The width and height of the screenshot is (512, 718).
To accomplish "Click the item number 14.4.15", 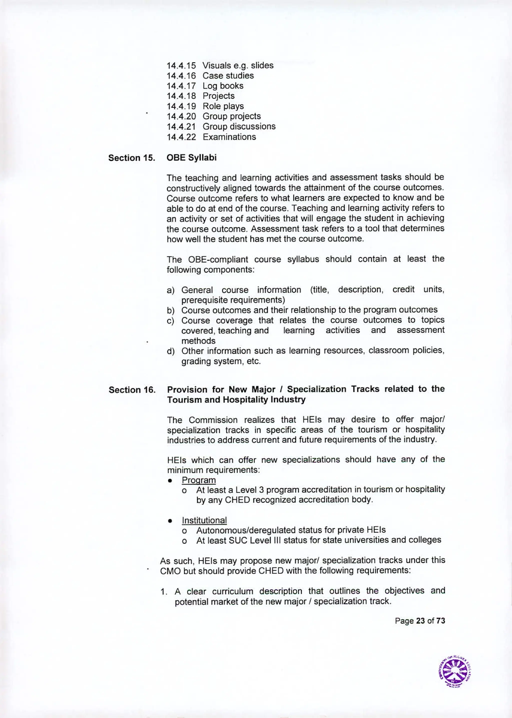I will pos(181,66).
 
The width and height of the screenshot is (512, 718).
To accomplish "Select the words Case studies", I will pos(228,76).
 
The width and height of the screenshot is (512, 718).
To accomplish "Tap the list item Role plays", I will pos(223,106).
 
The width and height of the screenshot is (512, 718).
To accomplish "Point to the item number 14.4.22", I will pos(181,137).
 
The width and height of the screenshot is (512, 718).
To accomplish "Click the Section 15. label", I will pos(132,158).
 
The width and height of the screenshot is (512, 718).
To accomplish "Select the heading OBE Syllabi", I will pos(191,158).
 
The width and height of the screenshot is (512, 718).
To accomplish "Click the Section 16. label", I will pos(132,390).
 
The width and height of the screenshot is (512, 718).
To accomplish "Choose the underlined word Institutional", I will pos(204,520).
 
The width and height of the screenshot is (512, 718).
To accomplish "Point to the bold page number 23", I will pos(420,621).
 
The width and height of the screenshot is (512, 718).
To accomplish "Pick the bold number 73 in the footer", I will pos(440,621).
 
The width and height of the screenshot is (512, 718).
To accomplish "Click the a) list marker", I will pos(170,291).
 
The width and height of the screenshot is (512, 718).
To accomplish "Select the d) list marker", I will pos(170,351).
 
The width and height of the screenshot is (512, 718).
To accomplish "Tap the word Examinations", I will pos(229,137).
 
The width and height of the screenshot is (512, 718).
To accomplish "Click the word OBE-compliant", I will pos(218,259).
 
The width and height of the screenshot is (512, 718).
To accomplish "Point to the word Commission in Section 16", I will pos(213,420).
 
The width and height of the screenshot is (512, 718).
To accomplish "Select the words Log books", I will pos(223,86).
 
